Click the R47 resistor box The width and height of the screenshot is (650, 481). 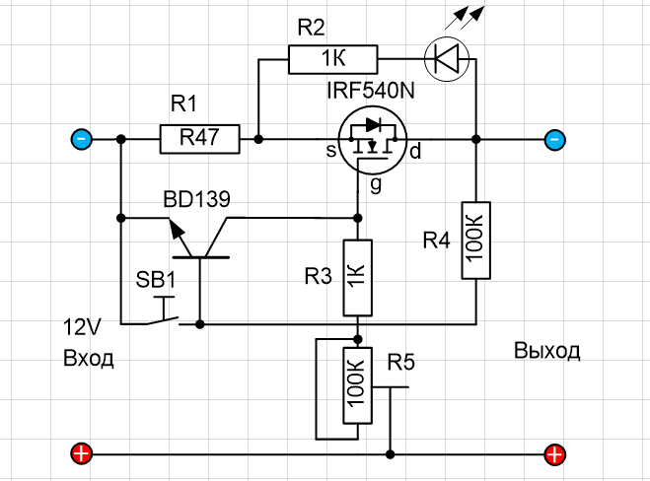point(199,139)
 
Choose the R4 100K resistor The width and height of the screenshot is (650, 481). point(474,240)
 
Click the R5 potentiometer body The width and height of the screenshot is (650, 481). point(357,384)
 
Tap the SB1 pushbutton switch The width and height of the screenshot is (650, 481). point(161,311)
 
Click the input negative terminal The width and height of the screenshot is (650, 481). point(82,139)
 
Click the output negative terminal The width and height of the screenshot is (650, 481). point(556,139)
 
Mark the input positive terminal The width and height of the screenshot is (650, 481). point(82,454)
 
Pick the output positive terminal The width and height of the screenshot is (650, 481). point(556,454)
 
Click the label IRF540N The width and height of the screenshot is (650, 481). point(370,93)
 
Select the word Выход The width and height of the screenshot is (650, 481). point(547,352)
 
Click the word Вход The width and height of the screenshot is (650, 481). point(88,358)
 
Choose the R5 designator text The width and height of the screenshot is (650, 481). point(401,362)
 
